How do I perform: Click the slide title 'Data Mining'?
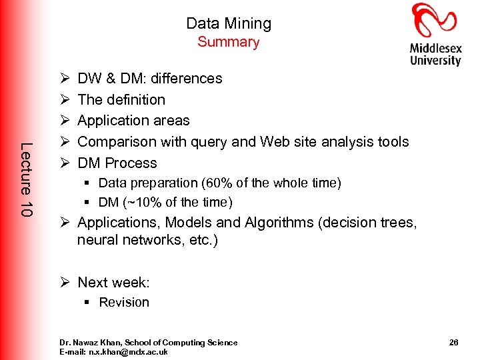(229, 23)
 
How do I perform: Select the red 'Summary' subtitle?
(229, 42)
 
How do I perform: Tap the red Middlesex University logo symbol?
(435, 19)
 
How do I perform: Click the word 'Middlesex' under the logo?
(436, 48)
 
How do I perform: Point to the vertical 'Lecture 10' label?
(26, 179)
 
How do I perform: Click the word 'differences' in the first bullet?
(187, 79)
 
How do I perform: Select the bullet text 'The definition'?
(121, 100)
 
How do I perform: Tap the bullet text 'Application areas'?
(133, 121)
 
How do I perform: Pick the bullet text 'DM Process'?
(117, 163)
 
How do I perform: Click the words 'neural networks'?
(127, 240)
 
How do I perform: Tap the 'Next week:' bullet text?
(113, 283)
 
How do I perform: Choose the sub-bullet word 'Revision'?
(124, 303)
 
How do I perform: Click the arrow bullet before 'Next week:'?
(66, 283)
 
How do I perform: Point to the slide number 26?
(453, 343)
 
